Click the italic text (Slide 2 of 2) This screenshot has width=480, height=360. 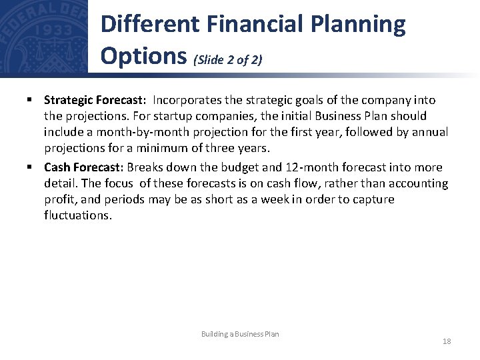[x=227, y=60]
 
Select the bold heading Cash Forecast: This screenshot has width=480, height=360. [x=84, y=167]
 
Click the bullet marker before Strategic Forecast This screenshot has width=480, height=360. [x=30, y=100]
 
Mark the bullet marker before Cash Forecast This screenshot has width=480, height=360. [x=30, y=167]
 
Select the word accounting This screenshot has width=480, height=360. [x=421, y=183]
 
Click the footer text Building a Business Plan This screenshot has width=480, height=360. [x=240, y=334]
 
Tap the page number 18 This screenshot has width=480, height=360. [x=446, y=341]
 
